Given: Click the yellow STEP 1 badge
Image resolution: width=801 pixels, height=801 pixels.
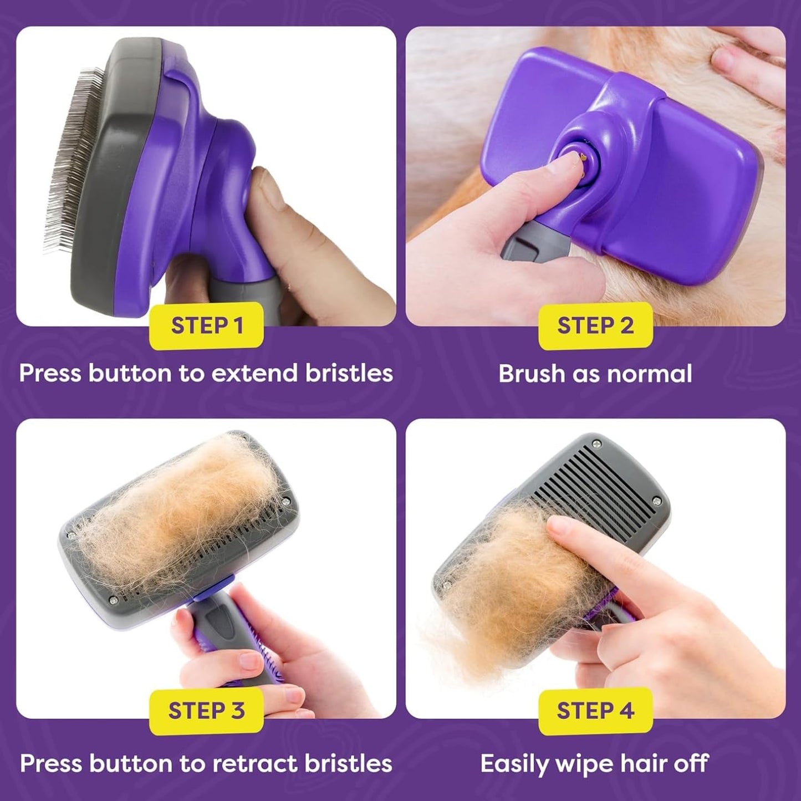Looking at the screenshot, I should (x=206, y=325).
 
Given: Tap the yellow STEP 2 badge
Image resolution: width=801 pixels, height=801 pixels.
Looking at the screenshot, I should (x=595, y=325).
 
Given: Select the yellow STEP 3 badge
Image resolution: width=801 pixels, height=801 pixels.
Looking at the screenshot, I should (x=206, y=710).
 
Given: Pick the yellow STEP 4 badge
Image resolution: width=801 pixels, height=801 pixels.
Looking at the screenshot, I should (x=595, y=710).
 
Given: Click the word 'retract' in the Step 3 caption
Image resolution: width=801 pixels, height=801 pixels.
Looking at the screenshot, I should (x=255, y=763).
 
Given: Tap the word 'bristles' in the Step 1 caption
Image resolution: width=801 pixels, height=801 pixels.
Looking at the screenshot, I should (x=349, y=373).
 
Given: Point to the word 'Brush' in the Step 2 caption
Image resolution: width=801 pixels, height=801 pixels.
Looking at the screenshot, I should (x=530, y=374).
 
